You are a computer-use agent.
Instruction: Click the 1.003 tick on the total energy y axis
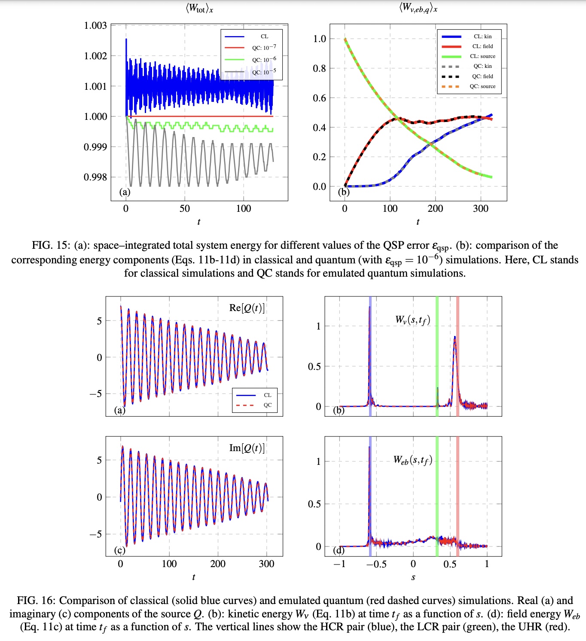coord(95,25)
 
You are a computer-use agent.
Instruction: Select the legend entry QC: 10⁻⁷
coord(264,48)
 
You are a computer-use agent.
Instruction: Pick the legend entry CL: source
coord(482,56)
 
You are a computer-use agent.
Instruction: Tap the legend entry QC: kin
coord(482,66)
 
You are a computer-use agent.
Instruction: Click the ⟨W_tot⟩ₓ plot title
coord(199,8)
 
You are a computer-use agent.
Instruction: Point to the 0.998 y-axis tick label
coord(95,177)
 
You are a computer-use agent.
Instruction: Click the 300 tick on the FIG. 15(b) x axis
coord(480,209)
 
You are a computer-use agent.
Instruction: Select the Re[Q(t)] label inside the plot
coord(247,308)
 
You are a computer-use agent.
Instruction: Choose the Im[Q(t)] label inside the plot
coord(247,448)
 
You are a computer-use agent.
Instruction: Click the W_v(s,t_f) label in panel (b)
coord(412,320)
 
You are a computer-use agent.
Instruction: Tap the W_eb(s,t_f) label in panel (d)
coord(412,460)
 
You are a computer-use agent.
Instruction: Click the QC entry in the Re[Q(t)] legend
coord(267,405)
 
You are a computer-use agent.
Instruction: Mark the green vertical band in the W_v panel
coord(437,357)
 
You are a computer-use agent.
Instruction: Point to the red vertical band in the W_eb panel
coord(458,494)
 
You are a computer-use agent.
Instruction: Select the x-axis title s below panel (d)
coord(413,577)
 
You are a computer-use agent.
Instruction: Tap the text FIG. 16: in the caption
coord(36,601)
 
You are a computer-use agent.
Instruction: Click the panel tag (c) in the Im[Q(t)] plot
coord(119,550)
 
